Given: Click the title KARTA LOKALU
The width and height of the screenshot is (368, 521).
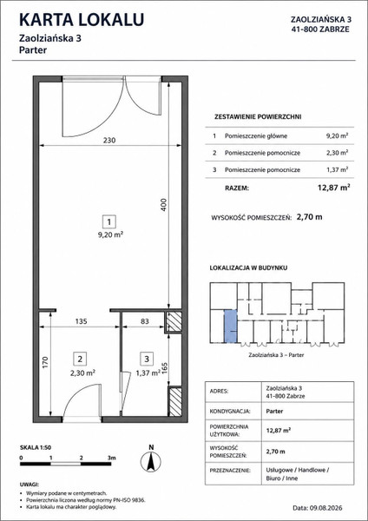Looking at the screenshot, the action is coord(82,20).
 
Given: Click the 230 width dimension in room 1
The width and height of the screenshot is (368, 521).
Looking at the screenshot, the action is coord(109,140).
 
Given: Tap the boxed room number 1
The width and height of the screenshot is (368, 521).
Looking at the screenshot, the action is coord(109,221).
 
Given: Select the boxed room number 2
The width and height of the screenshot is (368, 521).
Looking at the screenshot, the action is coord(80,359).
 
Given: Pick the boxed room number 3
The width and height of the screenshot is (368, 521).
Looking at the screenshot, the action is coord(147,359).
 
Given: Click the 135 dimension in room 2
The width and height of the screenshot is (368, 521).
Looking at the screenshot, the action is coord(81,321).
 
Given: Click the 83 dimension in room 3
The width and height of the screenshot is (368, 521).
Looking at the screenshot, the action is coord(145,321).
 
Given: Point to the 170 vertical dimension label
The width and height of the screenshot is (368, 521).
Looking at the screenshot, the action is coord(45,362).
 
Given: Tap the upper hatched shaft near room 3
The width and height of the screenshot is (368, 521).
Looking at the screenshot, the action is coord(174,321).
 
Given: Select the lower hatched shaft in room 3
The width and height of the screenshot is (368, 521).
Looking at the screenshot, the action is coord(175,402).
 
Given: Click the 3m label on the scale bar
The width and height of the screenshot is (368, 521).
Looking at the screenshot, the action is coord(112,458).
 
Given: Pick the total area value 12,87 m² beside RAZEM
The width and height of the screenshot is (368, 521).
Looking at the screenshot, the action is coord(334,188).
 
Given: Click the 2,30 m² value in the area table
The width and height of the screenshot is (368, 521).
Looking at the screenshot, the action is coord(337,153).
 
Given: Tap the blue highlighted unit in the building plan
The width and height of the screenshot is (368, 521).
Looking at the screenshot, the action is coord(231,326).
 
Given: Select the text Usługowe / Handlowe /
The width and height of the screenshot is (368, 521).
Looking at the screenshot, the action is coord(298,471).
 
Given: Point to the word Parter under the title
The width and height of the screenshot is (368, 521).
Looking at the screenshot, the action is coord(33,50).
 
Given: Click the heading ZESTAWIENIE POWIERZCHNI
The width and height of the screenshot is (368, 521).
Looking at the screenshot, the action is coord(258,117).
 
